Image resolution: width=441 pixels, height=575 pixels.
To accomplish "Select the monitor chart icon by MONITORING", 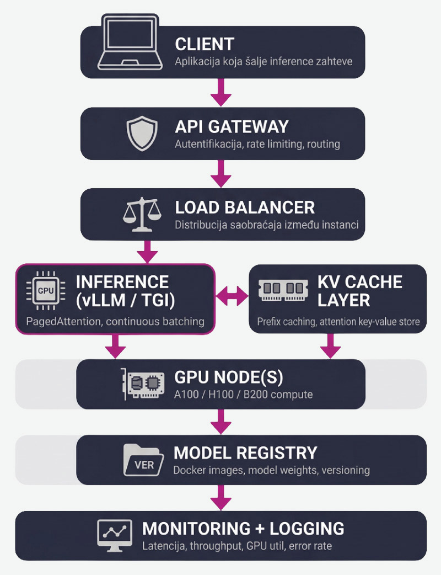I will (x=114, y=535).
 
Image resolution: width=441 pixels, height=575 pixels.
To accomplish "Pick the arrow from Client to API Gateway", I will (x=220, y=92).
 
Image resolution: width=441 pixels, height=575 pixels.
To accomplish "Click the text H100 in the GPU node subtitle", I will (x=221, y=395).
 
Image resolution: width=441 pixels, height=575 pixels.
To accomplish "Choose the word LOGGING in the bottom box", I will (x=307, y=528).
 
